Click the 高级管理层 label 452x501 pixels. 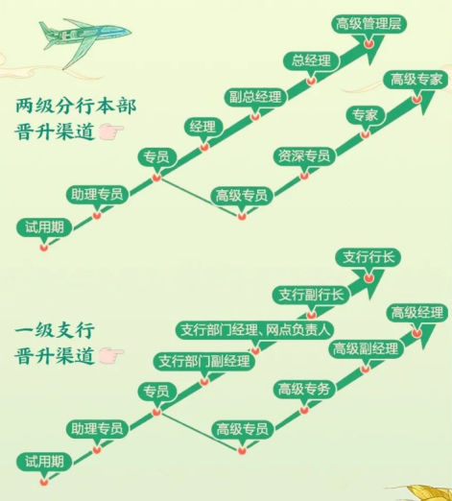369,24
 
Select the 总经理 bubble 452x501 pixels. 311,60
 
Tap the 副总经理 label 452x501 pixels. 255,97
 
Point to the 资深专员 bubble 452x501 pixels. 304,156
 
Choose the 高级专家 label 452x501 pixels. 416,80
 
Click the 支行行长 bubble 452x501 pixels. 369,257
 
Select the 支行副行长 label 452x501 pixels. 311,295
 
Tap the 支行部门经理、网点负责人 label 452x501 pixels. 255,330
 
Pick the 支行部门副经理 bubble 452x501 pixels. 204,362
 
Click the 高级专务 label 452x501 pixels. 304,390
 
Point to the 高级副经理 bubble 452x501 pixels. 366,348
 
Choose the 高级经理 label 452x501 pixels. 416,313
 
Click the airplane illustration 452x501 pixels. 84,38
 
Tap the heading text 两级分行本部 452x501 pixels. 76,106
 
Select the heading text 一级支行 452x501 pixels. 55,330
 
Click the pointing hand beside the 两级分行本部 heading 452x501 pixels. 111,132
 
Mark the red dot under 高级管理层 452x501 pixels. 369,43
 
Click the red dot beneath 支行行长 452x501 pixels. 369,277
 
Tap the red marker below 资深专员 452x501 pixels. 304,176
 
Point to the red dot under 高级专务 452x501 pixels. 304,410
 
